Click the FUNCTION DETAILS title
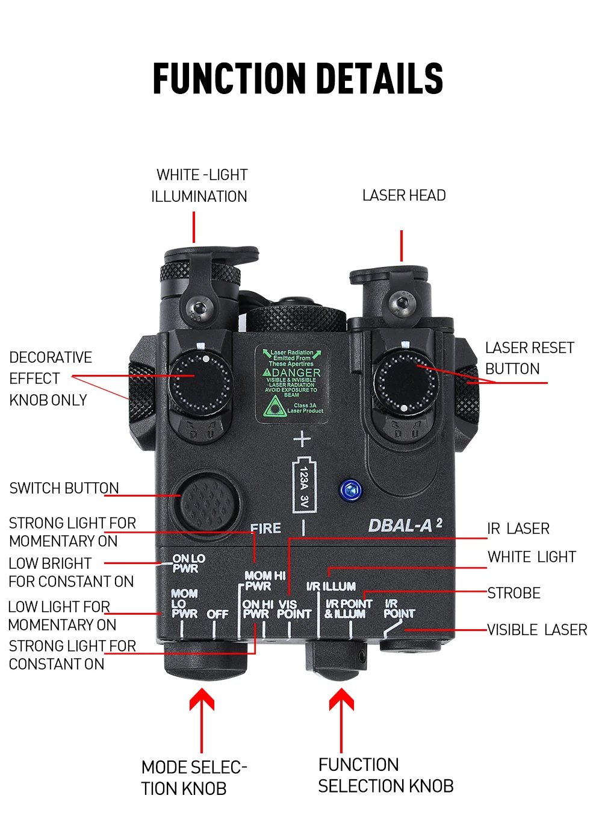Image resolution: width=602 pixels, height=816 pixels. (x=298, y=78)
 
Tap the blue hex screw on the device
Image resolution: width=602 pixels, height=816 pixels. (x=350, y=489)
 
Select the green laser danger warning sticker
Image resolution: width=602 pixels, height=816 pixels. (x=292, y=383)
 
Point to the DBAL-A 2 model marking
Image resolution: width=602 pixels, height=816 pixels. (x=405, y=526)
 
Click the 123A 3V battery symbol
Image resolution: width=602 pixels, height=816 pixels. (x=304, y=486)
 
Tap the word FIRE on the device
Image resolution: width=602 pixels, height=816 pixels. (x=265, y=529)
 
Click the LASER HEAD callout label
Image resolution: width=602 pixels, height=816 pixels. (x=404, y=195)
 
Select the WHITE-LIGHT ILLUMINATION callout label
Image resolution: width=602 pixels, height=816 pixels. (x=200, y=186)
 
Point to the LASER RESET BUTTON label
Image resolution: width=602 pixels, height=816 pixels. (x=529, y=358)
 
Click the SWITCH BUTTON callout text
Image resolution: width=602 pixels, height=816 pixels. (x=64, y=488)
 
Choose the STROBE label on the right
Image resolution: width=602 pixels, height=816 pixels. (x=514, y=593)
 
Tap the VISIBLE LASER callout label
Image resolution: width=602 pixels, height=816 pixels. (x=537, y=630)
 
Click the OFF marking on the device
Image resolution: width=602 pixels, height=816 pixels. (x=217, y=614)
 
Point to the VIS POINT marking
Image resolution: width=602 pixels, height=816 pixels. (x=294, y=609)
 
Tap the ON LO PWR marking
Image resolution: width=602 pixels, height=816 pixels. (x=188, y=563)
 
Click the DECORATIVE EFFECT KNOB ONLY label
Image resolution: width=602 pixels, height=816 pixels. (x=51, y=378)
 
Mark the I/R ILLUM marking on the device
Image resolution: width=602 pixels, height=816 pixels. (x=331, y=586)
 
